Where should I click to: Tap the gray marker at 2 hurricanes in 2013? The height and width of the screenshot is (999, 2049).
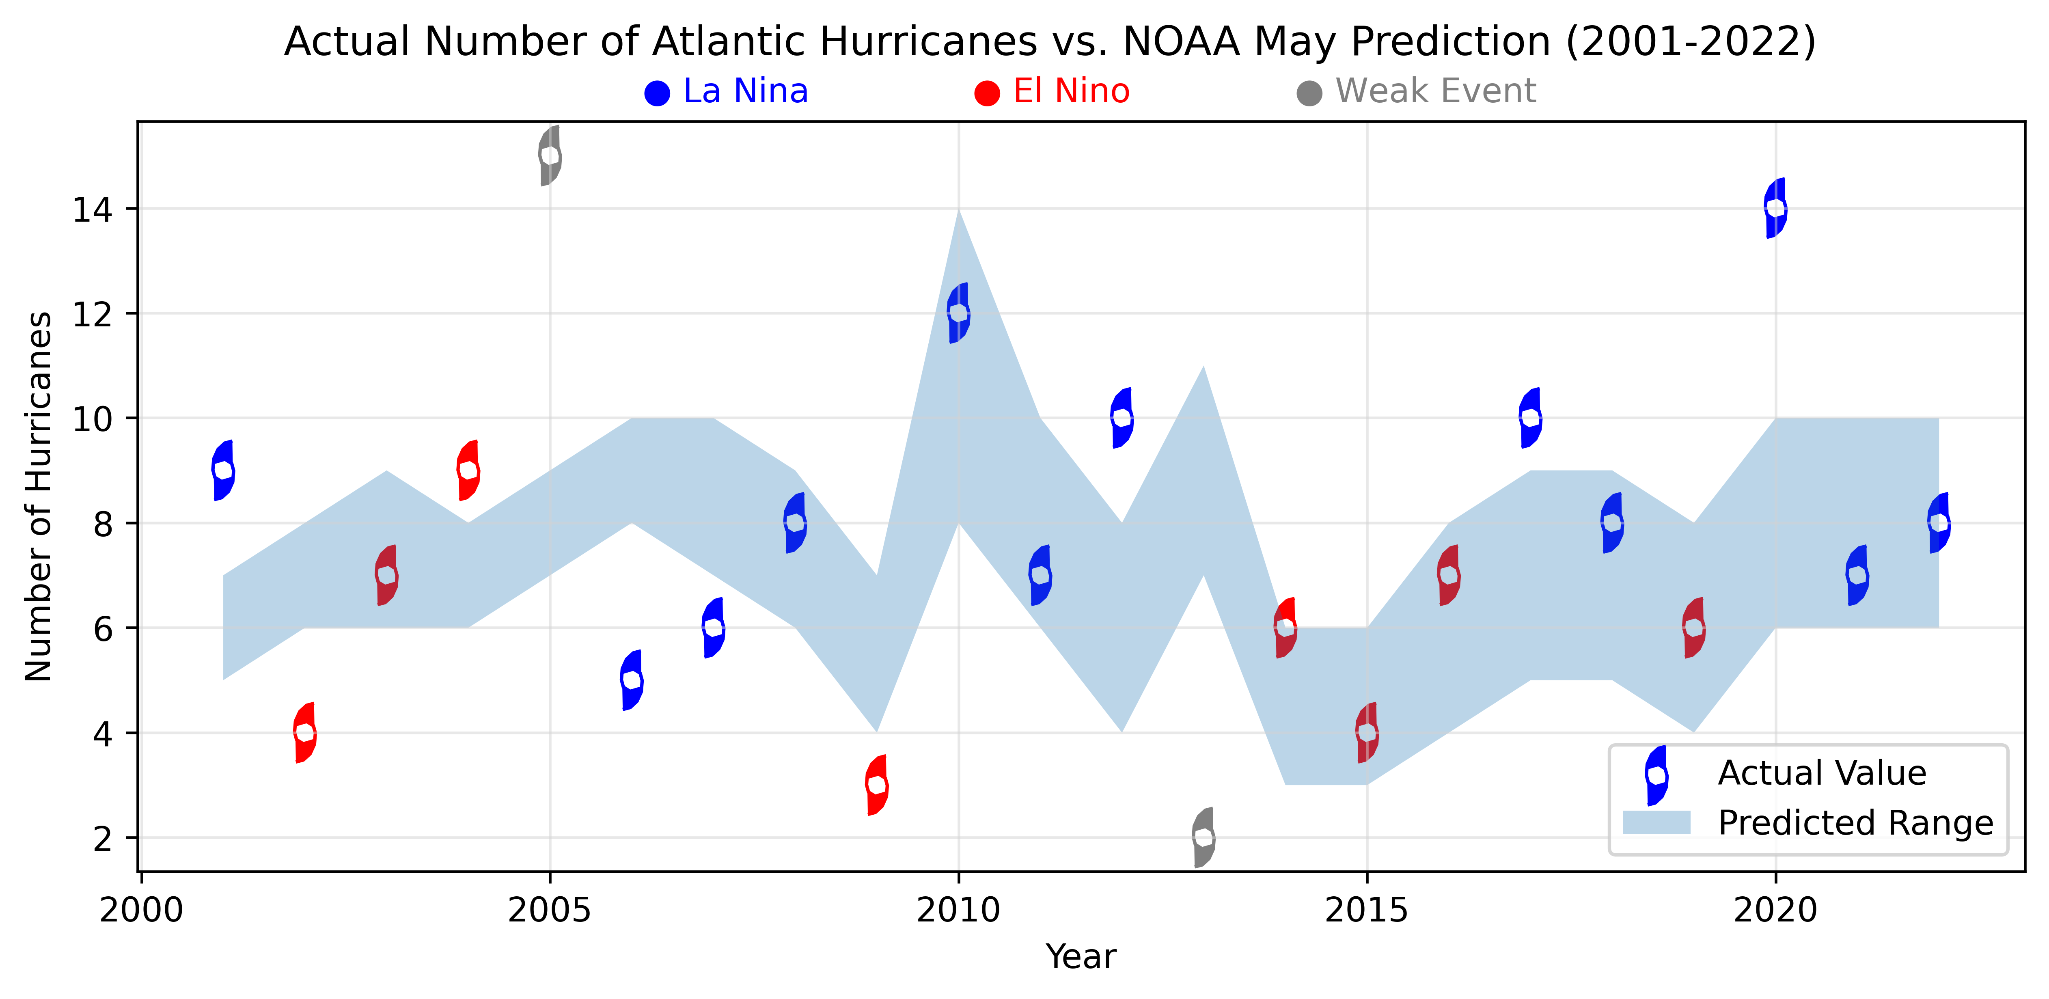[1204, 837]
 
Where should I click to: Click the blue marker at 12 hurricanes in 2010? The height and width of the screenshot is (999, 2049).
[958, 313]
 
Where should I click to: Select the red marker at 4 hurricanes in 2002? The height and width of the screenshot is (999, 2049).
[305, 733]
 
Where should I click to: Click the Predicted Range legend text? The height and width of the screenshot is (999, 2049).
[1855, 823]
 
